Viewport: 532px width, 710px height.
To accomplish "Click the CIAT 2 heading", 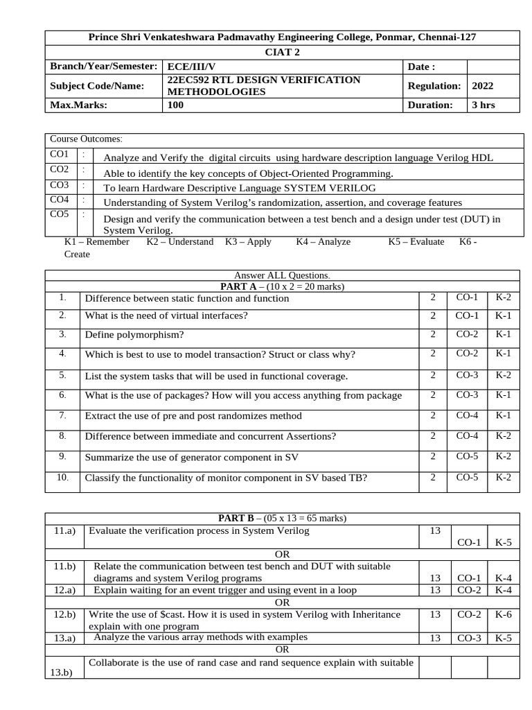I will tap(283, 51).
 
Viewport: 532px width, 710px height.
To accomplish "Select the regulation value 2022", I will tap(483, 86).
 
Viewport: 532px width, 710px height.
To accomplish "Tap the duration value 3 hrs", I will tap(484, 105).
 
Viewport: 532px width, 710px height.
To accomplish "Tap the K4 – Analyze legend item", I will tap(323, 242).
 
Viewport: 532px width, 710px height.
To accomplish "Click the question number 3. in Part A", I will tap(62, 334).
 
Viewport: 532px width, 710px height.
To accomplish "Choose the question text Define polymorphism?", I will tap(134, 335).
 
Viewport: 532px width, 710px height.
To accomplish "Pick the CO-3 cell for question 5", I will tap(467, 375).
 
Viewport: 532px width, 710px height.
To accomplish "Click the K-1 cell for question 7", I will tap(503, 415).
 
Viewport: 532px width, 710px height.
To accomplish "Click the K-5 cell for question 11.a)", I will tap(504, 542).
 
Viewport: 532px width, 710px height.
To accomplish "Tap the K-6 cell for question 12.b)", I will tap(504, 614).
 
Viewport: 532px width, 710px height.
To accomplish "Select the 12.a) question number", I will tap(64, 590).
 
